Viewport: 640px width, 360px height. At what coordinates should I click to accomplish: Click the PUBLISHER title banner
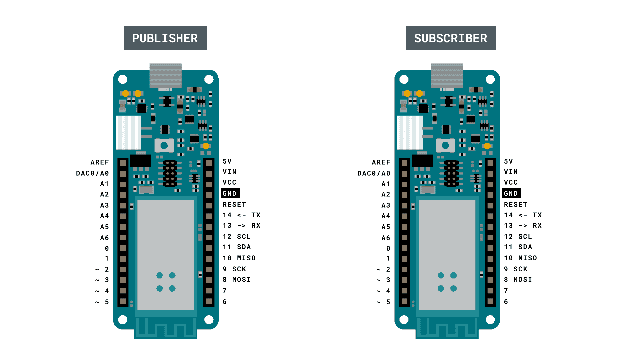(165, 38)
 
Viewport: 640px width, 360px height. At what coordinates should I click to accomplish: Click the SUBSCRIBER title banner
(450, 38)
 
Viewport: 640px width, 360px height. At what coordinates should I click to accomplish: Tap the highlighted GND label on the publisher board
(230, 193)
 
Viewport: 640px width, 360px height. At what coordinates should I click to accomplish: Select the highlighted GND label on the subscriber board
(511, 193)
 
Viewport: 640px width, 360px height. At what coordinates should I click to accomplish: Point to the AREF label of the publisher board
(100, 162)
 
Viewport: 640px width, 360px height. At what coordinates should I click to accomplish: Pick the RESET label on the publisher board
(234, 204)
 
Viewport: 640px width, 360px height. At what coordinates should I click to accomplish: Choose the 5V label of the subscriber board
(508, 161)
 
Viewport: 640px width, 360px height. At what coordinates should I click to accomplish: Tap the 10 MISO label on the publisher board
(239, 258)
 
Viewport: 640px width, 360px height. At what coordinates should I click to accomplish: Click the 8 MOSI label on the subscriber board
(518, 280)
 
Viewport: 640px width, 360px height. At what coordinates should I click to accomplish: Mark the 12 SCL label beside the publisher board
(237, 236)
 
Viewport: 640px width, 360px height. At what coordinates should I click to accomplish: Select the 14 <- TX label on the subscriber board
(523, 215)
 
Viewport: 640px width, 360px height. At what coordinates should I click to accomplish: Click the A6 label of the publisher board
(104, 238)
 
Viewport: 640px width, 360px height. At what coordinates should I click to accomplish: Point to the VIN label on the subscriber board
(511, 172)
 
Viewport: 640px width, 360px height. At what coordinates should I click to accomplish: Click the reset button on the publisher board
(164, 145)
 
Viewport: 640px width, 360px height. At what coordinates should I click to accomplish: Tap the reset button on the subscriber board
(445, 145)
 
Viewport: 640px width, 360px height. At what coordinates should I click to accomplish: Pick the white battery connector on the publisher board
(128, 132)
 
